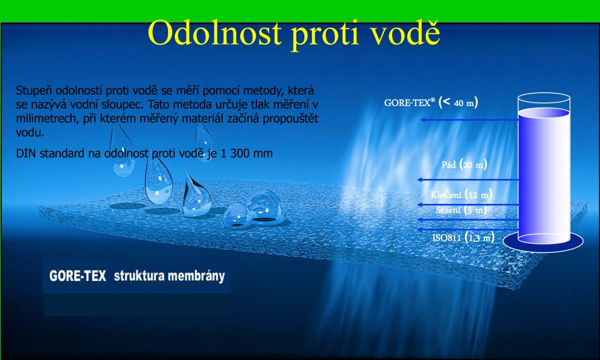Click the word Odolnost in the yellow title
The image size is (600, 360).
[x=215, y=32]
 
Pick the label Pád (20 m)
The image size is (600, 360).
[x=464, y=165]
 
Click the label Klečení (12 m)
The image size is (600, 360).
[x=461, y=195]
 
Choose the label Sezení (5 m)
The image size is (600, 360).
[x=461, y=210]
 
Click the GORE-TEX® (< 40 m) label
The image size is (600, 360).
[x=431, y=103]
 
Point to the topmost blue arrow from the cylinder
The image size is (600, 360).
[x=470, y=120]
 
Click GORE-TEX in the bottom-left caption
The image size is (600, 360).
[x=78, y=276]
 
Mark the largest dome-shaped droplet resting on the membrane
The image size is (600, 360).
[x=265, y=207]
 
